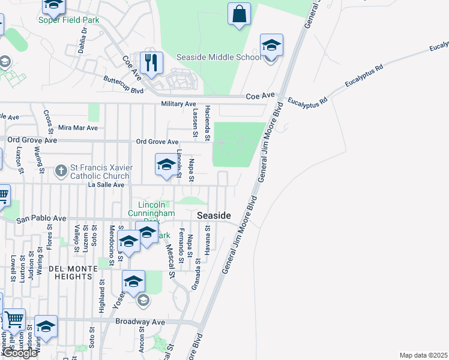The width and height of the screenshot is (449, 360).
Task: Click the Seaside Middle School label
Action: [x=218, y=58]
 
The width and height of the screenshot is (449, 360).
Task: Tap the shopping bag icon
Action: [x=239, y=14]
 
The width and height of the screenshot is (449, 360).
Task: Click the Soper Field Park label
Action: [x=68, y=20]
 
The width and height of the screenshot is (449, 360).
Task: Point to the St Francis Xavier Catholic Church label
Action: [x=100, y=172]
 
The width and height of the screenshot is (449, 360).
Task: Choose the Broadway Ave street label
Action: [x=140, y=322]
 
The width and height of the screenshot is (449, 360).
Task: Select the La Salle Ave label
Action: [x=106, y=185]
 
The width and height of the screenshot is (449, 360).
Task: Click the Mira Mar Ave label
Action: [x=77, y=128]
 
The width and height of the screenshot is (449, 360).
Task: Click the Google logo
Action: [x=20, y=353]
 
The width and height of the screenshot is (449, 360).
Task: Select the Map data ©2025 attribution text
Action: [x=423, y=355]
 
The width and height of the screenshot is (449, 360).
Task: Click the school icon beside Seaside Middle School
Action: [x=271, y=46]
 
